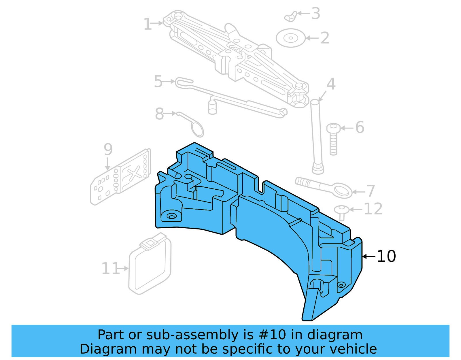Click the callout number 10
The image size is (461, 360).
click(x=386, y=256)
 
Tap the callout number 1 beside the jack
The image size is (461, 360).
click(x=148, y=24)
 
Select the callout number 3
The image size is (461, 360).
click(x=316, y=14)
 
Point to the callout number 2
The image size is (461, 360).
click(x=325, y=38)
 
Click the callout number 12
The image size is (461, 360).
click(x=373, y=209)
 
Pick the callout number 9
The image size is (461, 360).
click(x=108, y=149)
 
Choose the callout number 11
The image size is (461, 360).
click(x=110, y=269)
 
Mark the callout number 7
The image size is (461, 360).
click(x=371, y=191)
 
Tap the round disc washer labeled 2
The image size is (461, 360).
click(x=290, y=38)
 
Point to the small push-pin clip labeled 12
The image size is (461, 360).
click(x=342, y=212)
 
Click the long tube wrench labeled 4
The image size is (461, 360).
click(x=316, y=135)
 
